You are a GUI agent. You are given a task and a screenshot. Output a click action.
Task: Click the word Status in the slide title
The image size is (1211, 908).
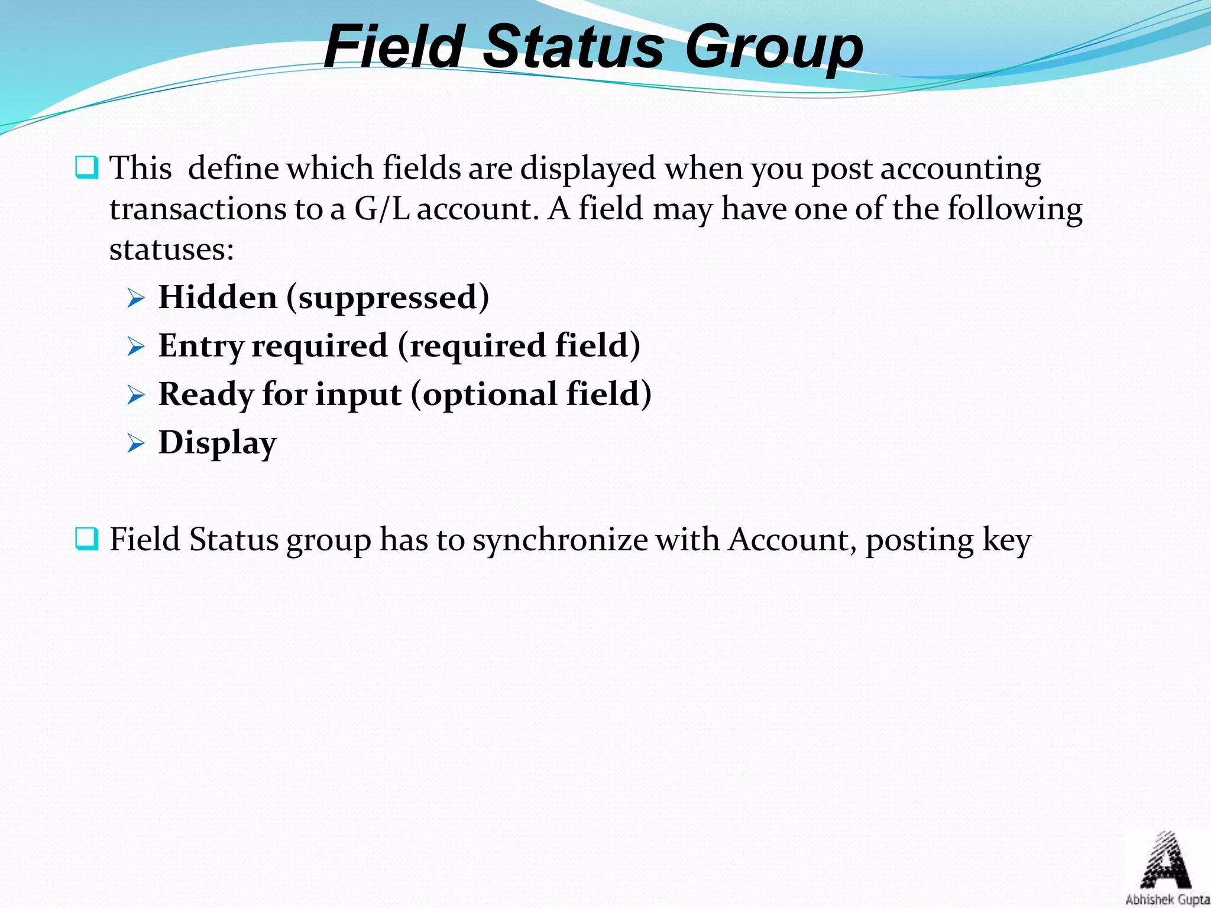[574, 47]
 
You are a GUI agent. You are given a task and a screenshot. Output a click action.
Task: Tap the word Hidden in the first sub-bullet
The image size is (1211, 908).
[218, 297]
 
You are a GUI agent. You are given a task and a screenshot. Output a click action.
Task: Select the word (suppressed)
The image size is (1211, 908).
[388, 298]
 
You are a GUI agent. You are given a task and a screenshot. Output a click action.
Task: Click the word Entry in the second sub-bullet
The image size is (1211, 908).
[201, 346]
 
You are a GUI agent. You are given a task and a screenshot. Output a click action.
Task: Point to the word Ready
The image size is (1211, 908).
[206, 395]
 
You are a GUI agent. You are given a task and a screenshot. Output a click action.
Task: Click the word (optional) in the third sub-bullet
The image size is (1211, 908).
[485, 395]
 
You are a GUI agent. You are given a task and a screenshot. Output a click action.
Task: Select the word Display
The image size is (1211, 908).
[218, 443]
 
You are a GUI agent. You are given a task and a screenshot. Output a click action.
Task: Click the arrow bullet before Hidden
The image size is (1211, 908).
[136, 299]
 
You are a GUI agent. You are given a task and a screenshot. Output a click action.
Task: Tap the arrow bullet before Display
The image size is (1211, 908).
[136, 443]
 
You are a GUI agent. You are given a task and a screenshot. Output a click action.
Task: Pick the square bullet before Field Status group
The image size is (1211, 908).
[87, 539]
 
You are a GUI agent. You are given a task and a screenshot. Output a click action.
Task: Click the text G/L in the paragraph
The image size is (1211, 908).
[382, 209]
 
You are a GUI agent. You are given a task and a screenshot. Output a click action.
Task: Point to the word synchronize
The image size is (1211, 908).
[560, 540]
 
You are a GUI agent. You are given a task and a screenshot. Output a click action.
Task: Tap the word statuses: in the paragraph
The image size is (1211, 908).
[171, 249]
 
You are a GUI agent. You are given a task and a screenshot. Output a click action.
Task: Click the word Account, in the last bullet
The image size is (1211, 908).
[792, 540]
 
